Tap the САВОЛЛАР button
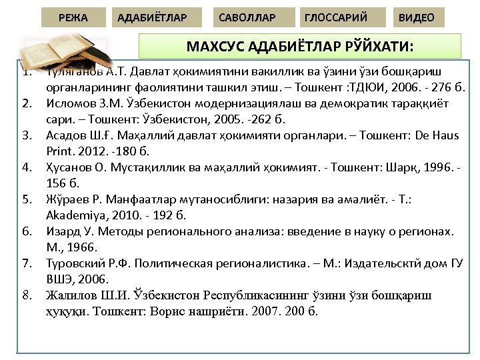[247, 17]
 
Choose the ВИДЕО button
[416, 17]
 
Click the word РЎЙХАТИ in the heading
[380, 47]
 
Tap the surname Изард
[62, 231]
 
